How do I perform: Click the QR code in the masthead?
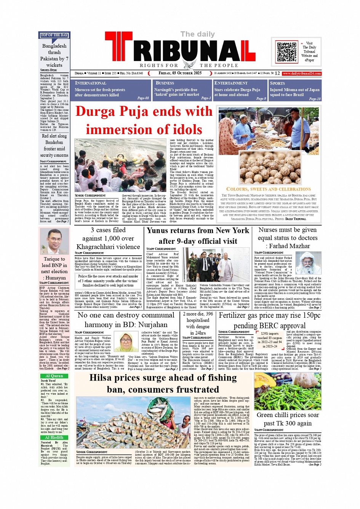(286, 52)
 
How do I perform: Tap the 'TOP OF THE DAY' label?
(54, 35)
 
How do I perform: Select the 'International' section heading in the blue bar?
(91, 83)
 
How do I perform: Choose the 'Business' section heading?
(165, 83)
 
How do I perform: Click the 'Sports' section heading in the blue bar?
(277, 83)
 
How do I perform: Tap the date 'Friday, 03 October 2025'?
(180, 73)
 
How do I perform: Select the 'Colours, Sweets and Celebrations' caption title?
(268, 189)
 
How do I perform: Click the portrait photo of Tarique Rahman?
(54, 241)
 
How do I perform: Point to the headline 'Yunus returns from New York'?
(198, 230)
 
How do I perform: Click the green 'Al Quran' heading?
(54, 376)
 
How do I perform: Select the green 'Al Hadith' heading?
(54, 437)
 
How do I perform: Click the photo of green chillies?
(288, 391)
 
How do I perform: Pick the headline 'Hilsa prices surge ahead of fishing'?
(163, 378)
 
